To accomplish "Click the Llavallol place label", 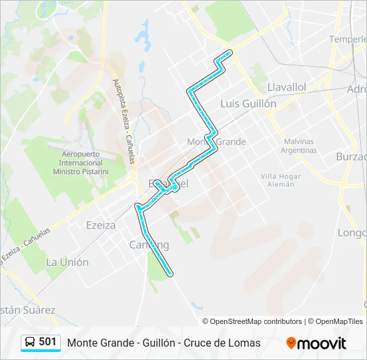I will click(286, 87).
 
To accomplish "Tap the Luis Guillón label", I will click(248, 103).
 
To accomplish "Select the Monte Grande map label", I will click(216, 141).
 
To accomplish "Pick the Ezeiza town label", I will click(101, 225).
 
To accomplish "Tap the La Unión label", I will click(67, 262).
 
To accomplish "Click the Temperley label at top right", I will click(348, 39).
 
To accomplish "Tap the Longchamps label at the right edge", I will click(352, 233).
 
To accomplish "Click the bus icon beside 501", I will click(31, 342).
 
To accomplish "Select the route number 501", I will click(48, 342).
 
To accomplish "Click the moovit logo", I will click(316, 343).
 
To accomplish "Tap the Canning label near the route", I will click(149, 245).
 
